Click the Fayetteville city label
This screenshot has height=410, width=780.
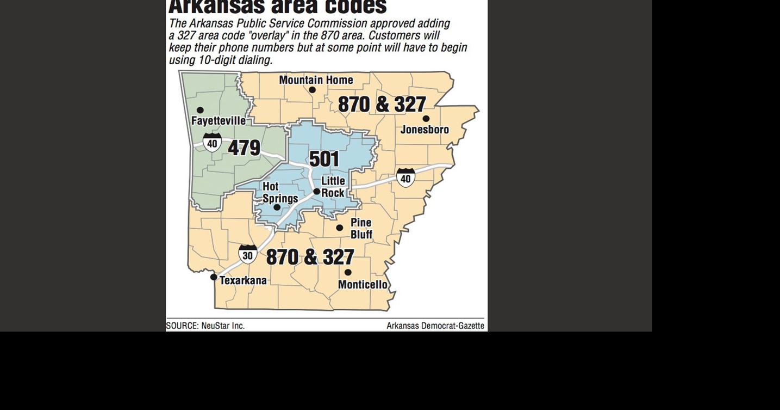pyautogui.click(x=218, y=121)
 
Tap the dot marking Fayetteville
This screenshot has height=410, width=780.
pyautogui.click(x=200, y=110)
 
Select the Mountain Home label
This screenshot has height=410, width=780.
pyautogui.click(x=316, y=80)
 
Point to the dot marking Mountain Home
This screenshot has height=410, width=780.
pyautogui.click(x=312, y=90)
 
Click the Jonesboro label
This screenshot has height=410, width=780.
pyautogui.click(x=425, y=130)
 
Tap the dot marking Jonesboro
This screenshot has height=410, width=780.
pyautogui.click(x=426, y=119)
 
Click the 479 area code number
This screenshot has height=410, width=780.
pyautogui.click(x=244, y=148)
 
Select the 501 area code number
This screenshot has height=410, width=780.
pyautogui.click(x=324, y=159)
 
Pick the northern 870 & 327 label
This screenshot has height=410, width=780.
pyautogui.click(x=382, y=104)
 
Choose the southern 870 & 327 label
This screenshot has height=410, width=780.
pyautogui.click(x=310, y=257)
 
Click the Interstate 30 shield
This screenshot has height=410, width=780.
pyautogui.click(x=248, y=254)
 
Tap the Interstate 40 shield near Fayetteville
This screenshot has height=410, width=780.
pyautogui.click(x=212, y=143)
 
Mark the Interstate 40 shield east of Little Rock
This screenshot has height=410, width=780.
pyautogui.click(x=405, y=178)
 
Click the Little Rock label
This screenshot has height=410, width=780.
pyautogui.click(x=333, y=187)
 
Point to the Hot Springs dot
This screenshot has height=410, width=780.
pyautogui.click(x=277, y=207)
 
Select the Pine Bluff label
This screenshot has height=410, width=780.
pyautogui.click(x=361, y=228)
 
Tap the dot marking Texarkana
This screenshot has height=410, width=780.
pyautogui.click(x=214, y=277)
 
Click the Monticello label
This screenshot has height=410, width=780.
pyautogui.click(x=363, y=284)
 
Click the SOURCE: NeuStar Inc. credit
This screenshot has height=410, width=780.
pyautogui.click(x=205, y=326)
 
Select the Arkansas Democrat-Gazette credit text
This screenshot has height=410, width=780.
pyautogui.click(x=435, y=326)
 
